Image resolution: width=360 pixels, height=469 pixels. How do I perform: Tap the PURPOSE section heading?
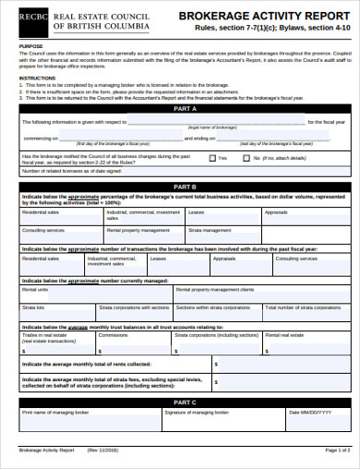pos(30,45)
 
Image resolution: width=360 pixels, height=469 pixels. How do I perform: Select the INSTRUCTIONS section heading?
pos(38,78)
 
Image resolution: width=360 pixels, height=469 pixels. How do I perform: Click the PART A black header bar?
pos(180,108)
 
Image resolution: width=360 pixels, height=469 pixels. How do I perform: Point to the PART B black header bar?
pos(180,186)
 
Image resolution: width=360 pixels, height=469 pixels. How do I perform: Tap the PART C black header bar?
pos(180,402)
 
